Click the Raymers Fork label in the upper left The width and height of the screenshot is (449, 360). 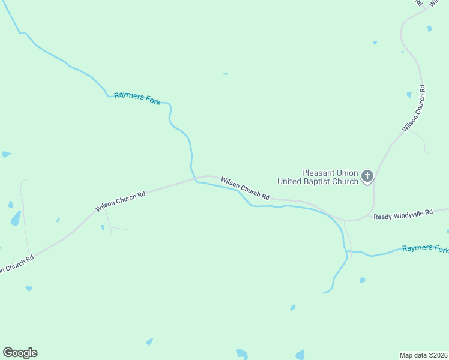click(x=137, y=98)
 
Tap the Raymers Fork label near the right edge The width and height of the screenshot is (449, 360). click(x=425, y=248)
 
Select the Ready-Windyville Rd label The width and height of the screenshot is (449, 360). click(x=403, y=215)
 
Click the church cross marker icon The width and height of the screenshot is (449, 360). click(x=367, y=177)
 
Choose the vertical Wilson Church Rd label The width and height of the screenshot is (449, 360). click(x=414, y=109)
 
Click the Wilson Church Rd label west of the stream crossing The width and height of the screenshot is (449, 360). click(x=121, y=202)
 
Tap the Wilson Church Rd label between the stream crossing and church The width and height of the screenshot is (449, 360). click(x=245, y=188)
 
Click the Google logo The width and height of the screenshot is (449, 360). click(x=20, y=353)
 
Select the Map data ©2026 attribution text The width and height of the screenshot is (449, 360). click(x=423, y=355)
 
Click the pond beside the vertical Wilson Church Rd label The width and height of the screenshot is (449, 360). click(x=409, y=94)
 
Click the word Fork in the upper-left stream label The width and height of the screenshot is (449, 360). click(x=152, y=100)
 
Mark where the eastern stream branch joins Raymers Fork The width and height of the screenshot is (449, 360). click(x=347, y=252)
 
